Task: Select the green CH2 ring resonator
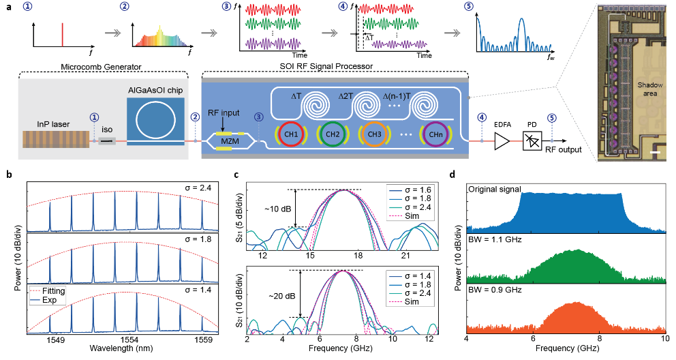coord(334,134)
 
